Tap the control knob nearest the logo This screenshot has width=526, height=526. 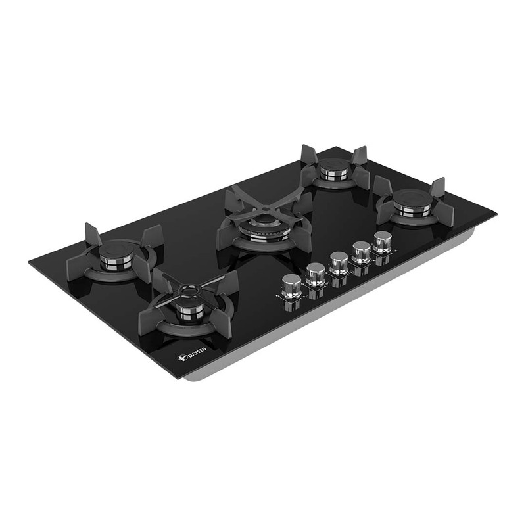click(x=291, y=285)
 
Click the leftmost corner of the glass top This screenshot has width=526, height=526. click(x=30, y=264)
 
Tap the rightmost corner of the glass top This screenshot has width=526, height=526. click(x=496, y=212)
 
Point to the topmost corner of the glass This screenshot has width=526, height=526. click(x=336, y=147)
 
